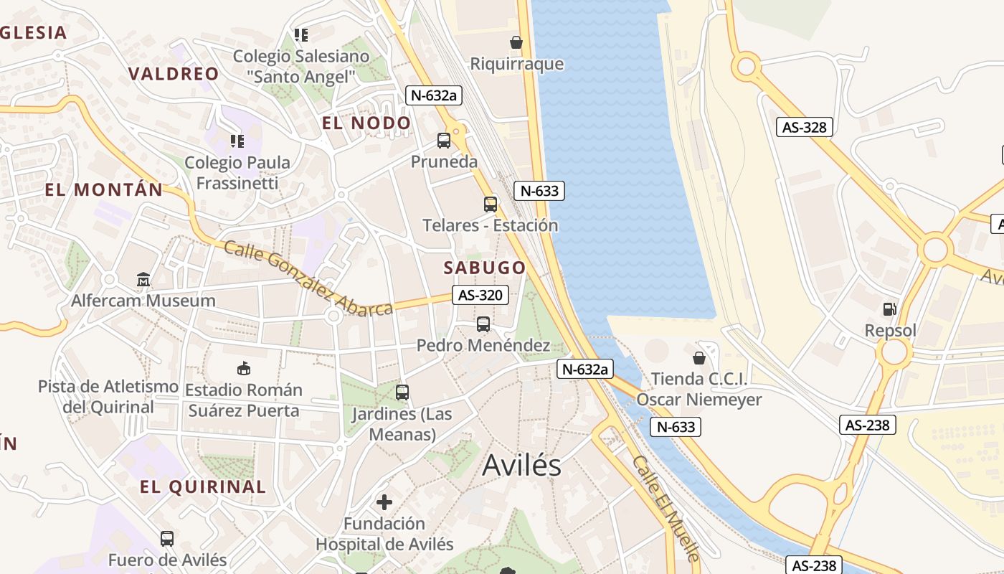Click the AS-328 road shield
coord(805,128)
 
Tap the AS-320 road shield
coord(480,295)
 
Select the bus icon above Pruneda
coord(444,141)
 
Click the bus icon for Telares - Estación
coord(490,204)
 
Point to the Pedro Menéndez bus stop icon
coord(483,324)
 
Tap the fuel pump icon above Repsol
coord(889,309)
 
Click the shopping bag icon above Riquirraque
coord(516,42)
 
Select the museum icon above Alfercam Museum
coord(143,279)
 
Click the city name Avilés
coord(521,465)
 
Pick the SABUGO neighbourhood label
coord(485,268)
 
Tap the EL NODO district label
coord(366,123)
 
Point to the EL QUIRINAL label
coord(203,486)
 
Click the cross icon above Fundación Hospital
coord(384,502)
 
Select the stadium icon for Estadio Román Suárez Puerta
coord(244,369)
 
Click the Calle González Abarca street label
coord(308,278)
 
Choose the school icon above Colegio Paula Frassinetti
coord(237,141)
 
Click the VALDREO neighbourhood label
coord(174,73)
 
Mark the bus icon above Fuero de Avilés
coord(167,538)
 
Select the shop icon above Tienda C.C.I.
coord(699,357)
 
